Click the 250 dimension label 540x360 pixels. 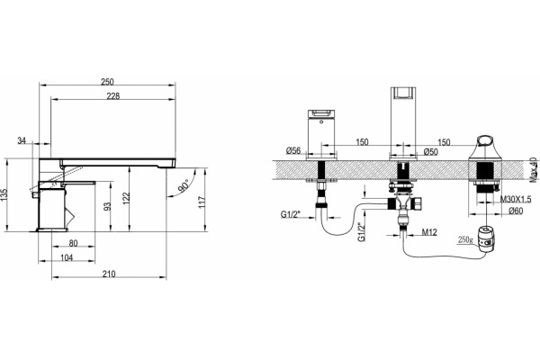(107, 82)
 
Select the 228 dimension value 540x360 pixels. (113, 96)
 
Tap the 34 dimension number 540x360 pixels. (22, 140)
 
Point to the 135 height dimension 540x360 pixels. (4, 195)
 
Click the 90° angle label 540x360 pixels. (184, 186)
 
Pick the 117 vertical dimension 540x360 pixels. (202, 202)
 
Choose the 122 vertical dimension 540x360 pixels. (126, 198)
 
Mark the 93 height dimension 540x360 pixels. (108, 206)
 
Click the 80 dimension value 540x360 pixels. (74, 243)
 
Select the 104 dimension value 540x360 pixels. (67, 257)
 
